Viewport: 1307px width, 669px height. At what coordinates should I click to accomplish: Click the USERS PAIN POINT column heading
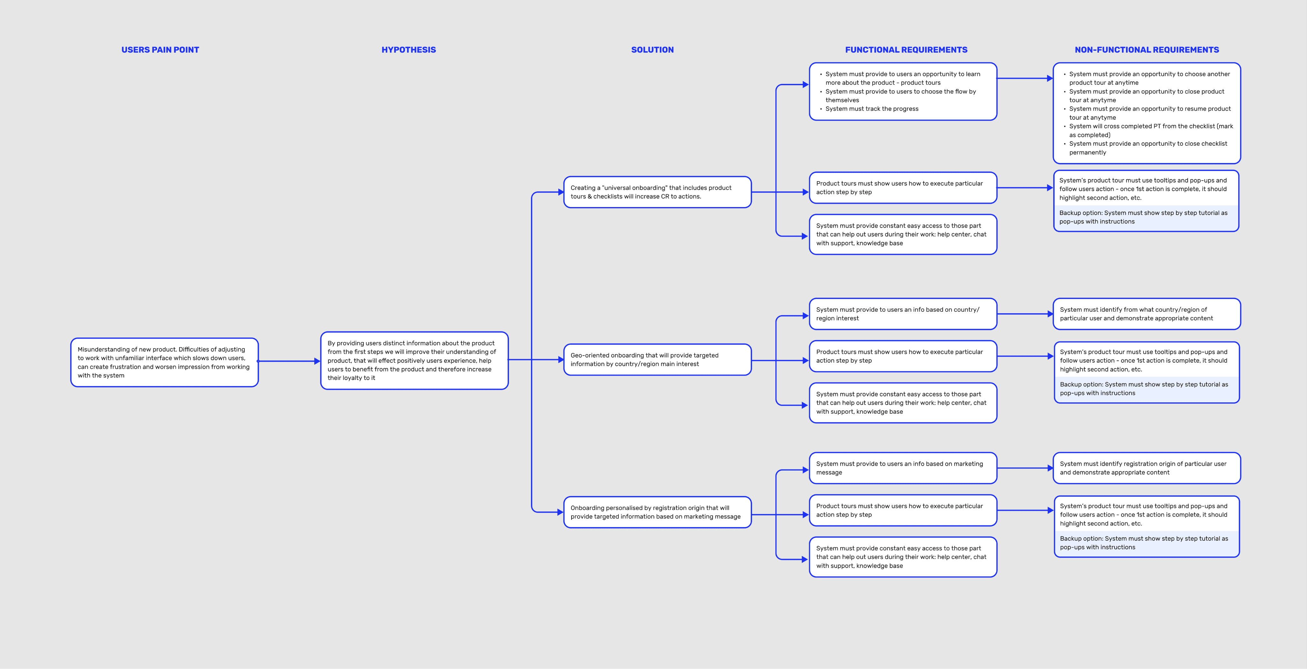click(160, 50)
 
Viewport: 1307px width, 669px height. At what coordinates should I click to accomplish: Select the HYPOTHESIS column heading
click(408, 50)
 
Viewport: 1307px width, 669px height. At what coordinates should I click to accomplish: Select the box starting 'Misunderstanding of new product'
click(164, 362)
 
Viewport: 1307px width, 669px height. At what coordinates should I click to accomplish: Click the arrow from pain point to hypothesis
click(289, 361)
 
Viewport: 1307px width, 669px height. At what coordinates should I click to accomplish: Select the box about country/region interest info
click(903, 314)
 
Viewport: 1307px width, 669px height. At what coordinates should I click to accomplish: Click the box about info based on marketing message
click(903, 468)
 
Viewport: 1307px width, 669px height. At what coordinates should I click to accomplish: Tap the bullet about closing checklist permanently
click(1148, 148)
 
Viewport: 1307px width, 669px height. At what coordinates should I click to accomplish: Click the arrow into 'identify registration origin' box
click(1025, 468)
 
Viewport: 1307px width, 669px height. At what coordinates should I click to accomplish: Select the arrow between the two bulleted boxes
click(1025, 78)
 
